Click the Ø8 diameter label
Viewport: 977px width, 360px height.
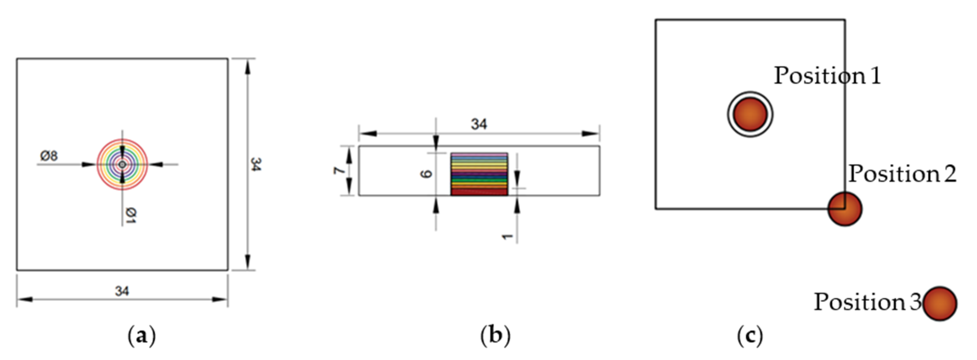[x=49, y=156]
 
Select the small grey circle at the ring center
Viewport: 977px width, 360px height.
[x=122, y=165]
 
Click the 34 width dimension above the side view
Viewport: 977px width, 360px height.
[x=479, y=124]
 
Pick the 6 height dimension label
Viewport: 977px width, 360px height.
[x=426, y=174]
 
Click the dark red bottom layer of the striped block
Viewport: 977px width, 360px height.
[x=479, y=192]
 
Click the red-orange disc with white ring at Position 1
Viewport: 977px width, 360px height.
[x=750, y=114]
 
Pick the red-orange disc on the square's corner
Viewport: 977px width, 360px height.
[x=845, y=209]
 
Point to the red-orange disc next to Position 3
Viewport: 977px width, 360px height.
[x=940, y=303]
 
